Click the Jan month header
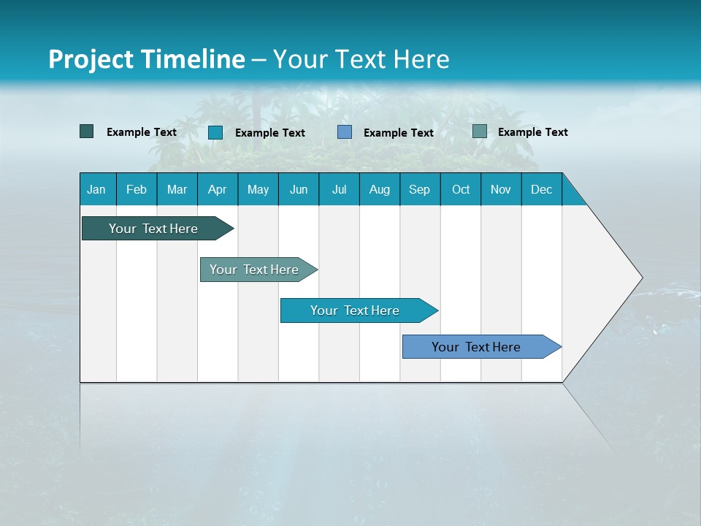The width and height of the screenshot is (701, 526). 96,189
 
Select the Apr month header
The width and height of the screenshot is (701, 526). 217,189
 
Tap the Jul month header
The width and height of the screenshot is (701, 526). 339,189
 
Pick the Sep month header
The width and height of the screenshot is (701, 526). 419,189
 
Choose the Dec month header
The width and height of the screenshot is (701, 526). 541,189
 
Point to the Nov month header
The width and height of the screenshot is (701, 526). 500,189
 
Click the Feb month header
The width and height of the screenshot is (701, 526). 137,189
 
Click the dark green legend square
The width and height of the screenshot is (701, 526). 86,131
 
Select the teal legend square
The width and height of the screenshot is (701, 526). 215,132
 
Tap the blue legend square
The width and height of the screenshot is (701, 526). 345,132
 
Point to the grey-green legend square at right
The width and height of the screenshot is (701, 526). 479,131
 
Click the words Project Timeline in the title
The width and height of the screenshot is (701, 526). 146,59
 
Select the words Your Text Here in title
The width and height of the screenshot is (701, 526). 361,59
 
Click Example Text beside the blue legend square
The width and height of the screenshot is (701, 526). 398,132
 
